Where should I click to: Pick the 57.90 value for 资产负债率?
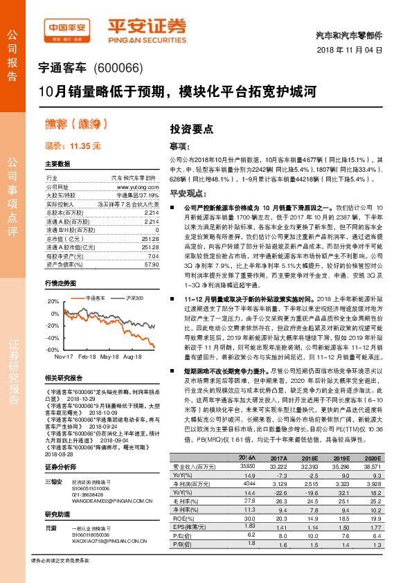coord(151,264)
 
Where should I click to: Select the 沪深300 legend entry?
coord(132,297)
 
